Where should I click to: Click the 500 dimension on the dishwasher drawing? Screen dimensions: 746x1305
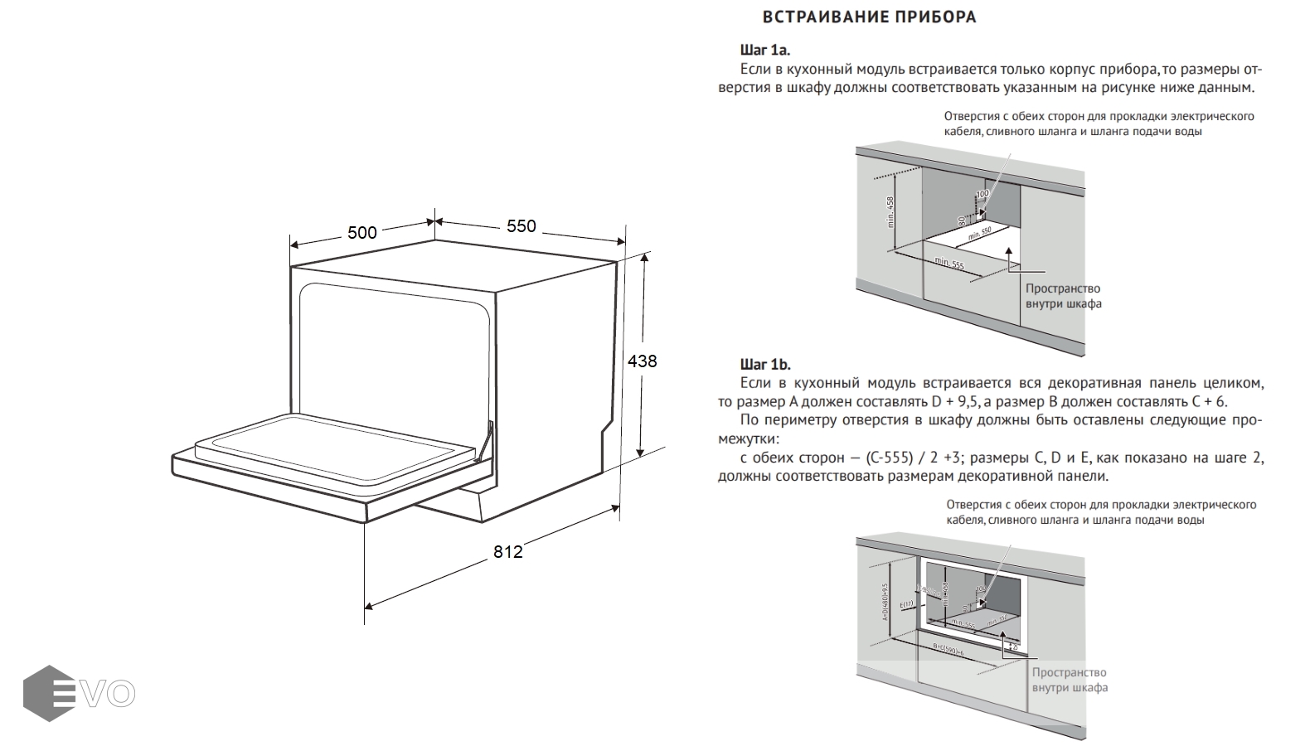coord(362,232)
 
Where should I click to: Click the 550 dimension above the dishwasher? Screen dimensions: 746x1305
coord(521,225)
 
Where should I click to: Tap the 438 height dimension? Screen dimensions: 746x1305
coord(642,361)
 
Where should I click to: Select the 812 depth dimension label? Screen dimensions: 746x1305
coord(507,551)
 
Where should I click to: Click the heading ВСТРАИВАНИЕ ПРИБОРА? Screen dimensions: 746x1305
coord(869,17)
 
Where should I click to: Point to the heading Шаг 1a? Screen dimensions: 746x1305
coord(764,50)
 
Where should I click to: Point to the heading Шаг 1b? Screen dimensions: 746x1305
coord(765,364)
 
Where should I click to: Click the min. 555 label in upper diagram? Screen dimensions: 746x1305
coord(949,264)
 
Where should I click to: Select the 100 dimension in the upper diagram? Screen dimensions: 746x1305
coord(982,195)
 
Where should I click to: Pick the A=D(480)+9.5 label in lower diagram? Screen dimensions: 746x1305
coord(885,602)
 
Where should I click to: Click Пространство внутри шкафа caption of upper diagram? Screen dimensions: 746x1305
coord(1063,296)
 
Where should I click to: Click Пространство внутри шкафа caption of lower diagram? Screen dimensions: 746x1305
coord(1069,680)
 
